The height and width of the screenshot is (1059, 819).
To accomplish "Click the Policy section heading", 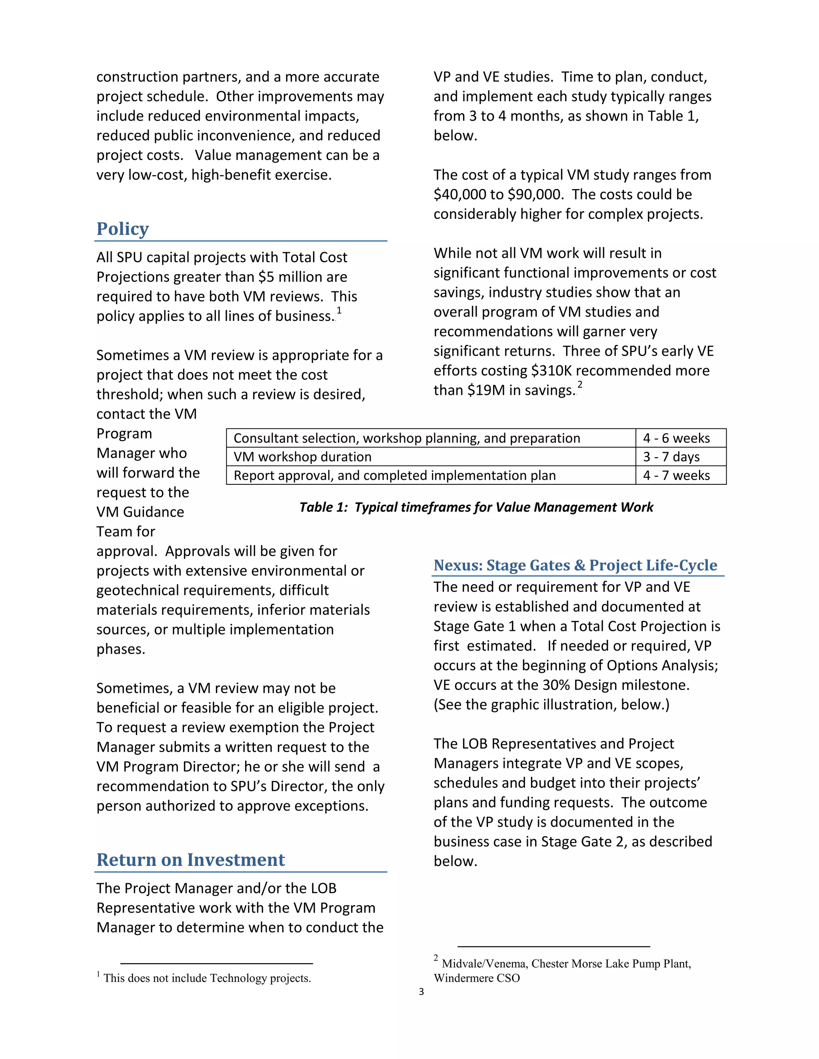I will coord(122,229).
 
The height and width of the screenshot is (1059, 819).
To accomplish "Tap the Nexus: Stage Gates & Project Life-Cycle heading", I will coord(575,565).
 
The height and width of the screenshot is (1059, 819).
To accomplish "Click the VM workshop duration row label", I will coord(302,457).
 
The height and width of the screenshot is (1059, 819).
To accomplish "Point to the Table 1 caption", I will coord(476,507).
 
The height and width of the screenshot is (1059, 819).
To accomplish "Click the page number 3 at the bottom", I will coord(421,992).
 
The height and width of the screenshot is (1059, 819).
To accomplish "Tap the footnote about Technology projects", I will coord(207,978).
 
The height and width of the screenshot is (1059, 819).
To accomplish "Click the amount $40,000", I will coord(461,195).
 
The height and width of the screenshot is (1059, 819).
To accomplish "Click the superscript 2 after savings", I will coord(580,384).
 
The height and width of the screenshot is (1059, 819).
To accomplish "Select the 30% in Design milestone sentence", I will coord(557,685).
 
